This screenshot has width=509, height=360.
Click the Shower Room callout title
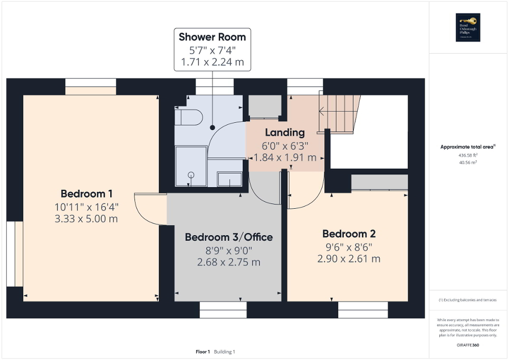tap(212, 37)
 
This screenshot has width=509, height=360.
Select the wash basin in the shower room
tap(230, 179)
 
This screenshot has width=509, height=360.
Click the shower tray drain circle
tap(191, 174)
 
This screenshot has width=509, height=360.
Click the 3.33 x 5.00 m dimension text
tap(86, 218)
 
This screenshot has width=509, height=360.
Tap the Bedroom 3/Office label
tap(228, 237)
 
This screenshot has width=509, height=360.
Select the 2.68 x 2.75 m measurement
tap(228, 262)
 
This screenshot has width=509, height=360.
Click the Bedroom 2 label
tap(349, 233)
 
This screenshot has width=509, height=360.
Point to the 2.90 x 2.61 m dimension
tap(349, 258)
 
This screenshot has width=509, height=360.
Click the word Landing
tap(285, 132)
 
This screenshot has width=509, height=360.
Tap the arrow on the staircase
tap(323, 111)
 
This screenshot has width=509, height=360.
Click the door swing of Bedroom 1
tap(148, 209)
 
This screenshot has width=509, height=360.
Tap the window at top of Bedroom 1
tap(90, 86)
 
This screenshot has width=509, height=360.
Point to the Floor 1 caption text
tap(203, 352)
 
